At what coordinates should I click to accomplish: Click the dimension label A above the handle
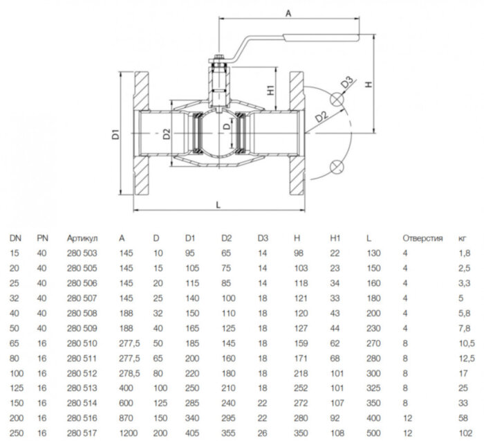(x=288, y=12)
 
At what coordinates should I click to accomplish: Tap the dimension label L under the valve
(x=218, y=206)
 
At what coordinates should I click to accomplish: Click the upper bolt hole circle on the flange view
(x=337, y=99)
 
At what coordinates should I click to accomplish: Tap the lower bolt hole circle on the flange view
(x=337, y=166)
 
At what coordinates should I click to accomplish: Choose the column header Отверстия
(x=422, y=239)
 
